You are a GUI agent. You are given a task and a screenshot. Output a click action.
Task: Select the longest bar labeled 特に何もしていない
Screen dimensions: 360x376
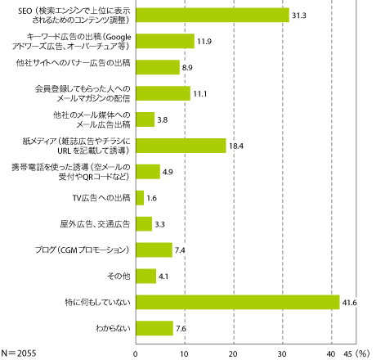(x=238, y=302)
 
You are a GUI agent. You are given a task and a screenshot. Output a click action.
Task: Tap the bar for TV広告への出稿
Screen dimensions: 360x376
(x=140, y=197)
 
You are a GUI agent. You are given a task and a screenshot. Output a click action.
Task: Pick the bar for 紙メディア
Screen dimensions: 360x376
(x=181, y=146)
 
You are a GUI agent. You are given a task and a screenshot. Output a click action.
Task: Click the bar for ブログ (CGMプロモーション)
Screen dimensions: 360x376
(x=154, y=250)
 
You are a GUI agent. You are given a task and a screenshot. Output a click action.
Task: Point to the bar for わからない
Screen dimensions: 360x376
(x=154, y=328)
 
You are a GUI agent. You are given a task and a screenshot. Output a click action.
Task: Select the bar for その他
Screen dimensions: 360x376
(x=145, y=276)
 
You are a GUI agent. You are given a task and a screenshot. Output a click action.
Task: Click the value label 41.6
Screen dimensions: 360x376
(x=352, y=303)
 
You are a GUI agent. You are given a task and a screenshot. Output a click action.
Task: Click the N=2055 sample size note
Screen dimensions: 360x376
(x=25, y=352)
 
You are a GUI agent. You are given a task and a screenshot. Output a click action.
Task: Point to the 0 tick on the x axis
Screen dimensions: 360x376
(x=136, y=352)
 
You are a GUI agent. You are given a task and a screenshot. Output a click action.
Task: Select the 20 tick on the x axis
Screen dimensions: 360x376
(x=234, y=352)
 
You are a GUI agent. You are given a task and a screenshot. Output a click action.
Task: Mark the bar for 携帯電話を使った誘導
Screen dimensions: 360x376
(x=148, y=171)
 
